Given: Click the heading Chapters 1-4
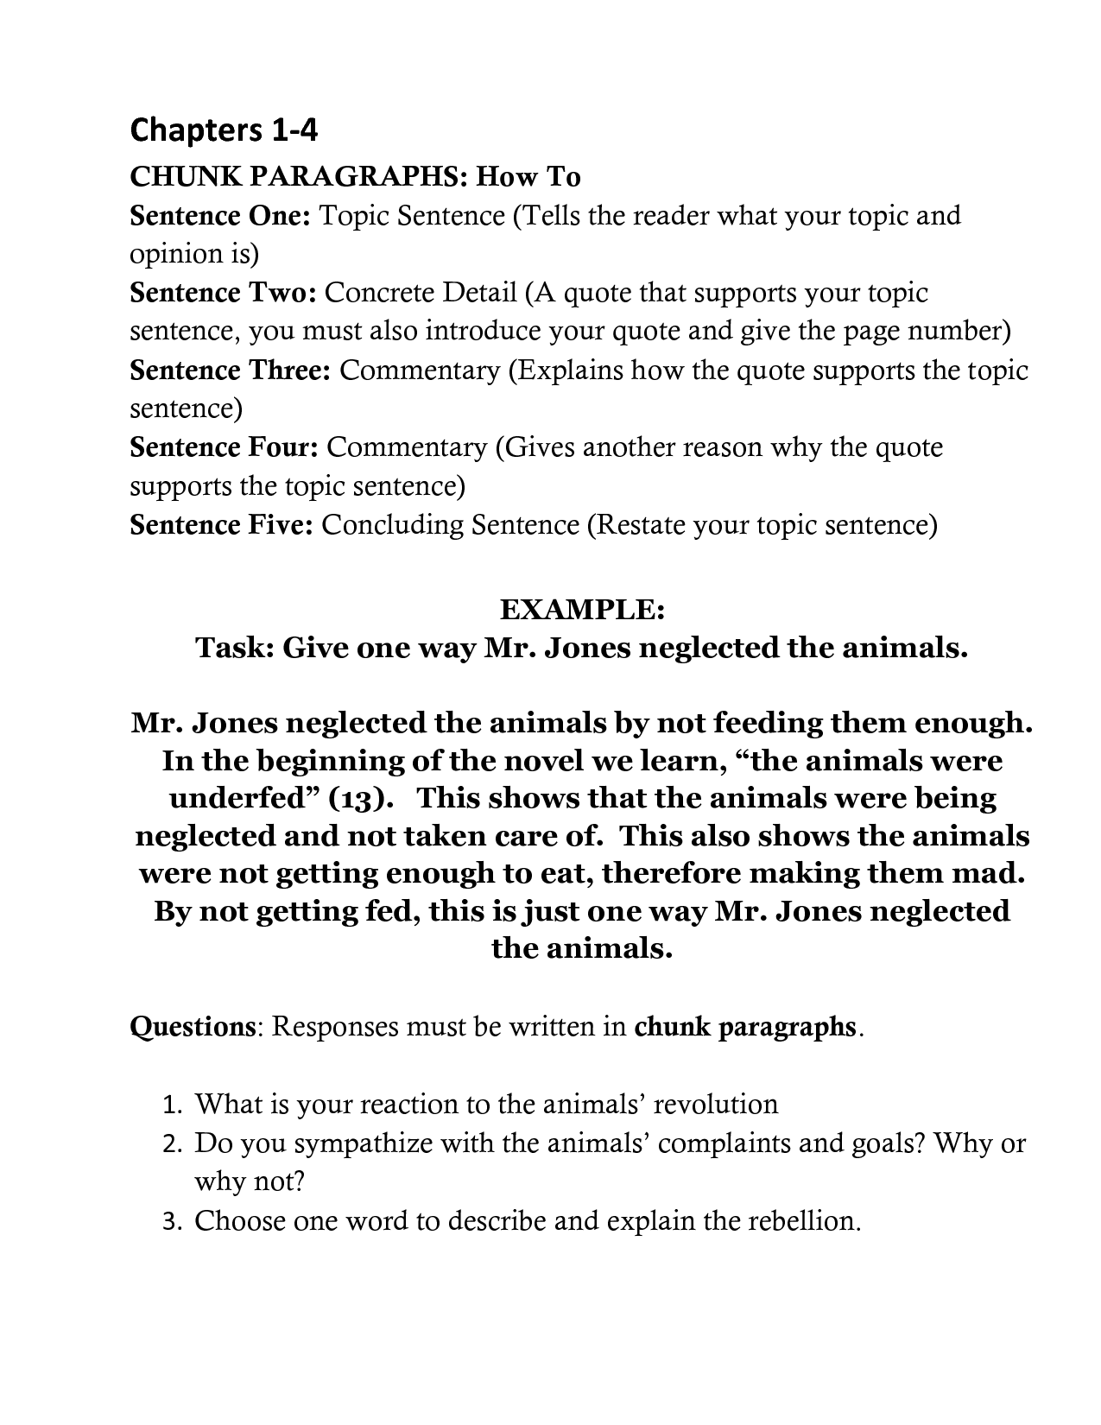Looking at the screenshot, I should [224, 130].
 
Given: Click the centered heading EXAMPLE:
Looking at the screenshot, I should [582, 609].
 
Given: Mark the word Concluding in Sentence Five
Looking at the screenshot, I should [392, 525].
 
